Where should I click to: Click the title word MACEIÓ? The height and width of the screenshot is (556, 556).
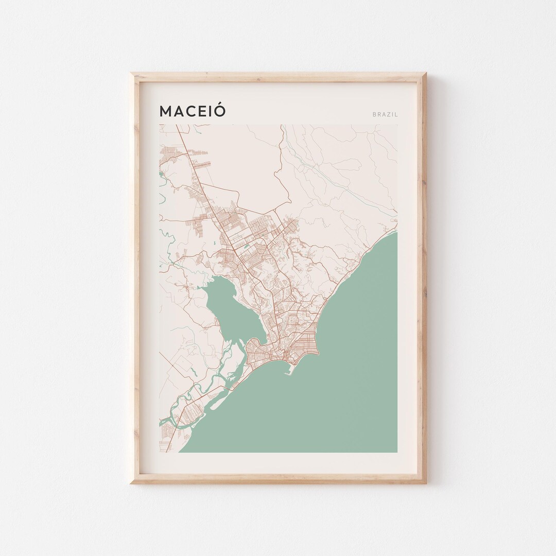click(x=193, y=111)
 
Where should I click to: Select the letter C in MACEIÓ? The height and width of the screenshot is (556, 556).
click(x=192, y=112)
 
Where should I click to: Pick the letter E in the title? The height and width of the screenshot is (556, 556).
click(x=203, y=112)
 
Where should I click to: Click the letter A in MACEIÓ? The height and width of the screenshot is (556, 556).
click(x=179, y=112)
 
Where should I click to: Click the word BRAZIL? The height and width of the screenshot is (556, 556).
click(x=385, y=114)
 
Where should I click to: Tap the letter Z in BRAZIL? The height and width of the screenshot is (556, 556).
click(x=390, y=114)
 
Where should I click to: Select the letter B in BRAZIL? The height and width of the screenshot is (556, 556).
click(x=374, y=114)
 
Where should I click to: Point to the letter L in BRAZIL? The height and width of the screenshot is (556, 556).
click(x=396, y=114)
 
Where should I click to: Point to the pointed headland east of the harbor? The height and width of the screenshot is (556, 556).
click(x=319, y=355)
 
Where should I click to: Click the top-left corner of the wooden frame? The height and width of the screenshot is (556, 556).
click(x=131, y=73)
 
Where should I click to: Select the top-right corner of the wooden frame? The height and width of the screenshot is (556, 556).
click(x=426, y=73)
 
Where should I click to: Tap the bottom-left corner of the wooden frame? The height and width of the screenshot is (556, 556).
click(x=131, y=483)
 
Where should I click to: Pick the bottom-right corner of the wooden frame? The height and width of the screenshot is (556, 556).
click(x=426, y=483)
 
